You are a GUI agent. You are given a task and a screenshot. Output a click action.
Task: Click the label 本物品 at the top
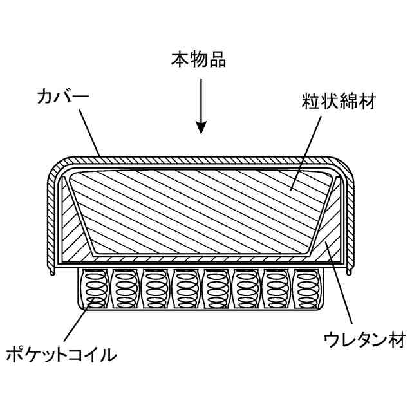tap(198, 61)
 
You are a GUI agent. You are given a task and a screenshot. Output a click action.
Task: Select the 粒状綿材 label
tap(339, 101)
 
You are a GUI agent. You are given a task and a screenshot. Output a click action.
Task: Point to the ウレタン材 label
tap(358, 338)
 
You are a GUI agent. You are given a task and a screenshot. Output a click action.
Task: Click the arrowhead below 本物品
tap(201, 127)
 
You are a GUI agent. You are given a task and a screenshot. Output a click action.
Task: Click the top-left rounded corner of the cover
tap(59, 169)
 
